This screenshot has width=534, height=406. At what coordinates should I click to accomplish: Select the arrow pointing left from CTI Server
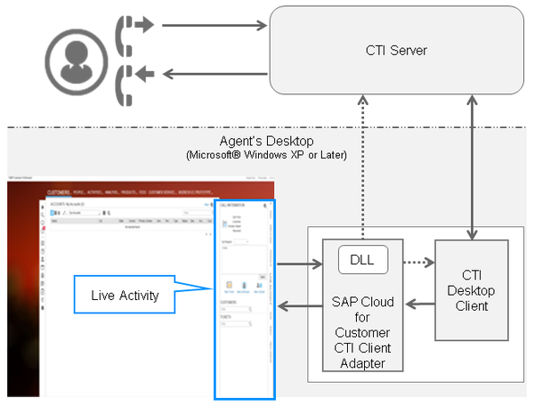214,76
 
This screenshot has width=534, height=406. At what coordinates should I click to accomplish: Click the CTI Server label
396,50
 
